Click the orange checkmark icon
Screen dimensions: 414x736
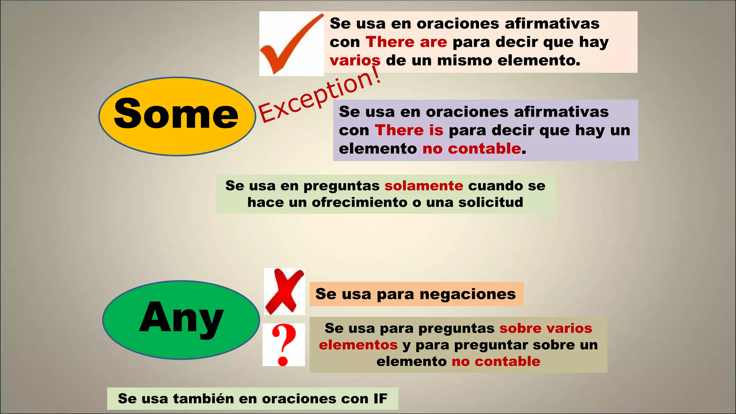pos(291,43)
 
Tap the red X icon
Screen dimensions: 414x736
pos(284,291)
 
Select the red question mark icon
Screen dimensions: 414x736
pos(284,345)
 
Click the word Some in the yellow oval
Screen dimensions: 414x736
pos(176,114)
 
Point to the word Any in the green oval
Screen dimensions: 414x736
pos(181,318)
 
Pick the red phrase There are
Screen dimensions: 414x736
pos(406,42)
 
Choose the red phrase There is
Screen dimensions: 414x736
pos(409,130)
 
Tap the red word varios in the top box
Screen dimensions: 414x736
pos(355,60)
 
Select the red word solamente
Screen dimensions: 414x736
pos(424,186)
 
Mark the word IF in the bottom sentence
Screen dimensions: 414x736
pos(380,399)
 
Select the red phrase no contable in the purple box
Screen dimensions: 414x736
pos(471,148)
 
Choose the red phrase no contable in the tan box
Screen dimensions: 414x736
pos(496,362)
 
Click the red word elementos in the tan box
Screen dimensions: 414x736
pos(358,345)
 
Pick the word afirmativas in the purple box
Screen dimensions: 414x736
pos(561,112)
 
